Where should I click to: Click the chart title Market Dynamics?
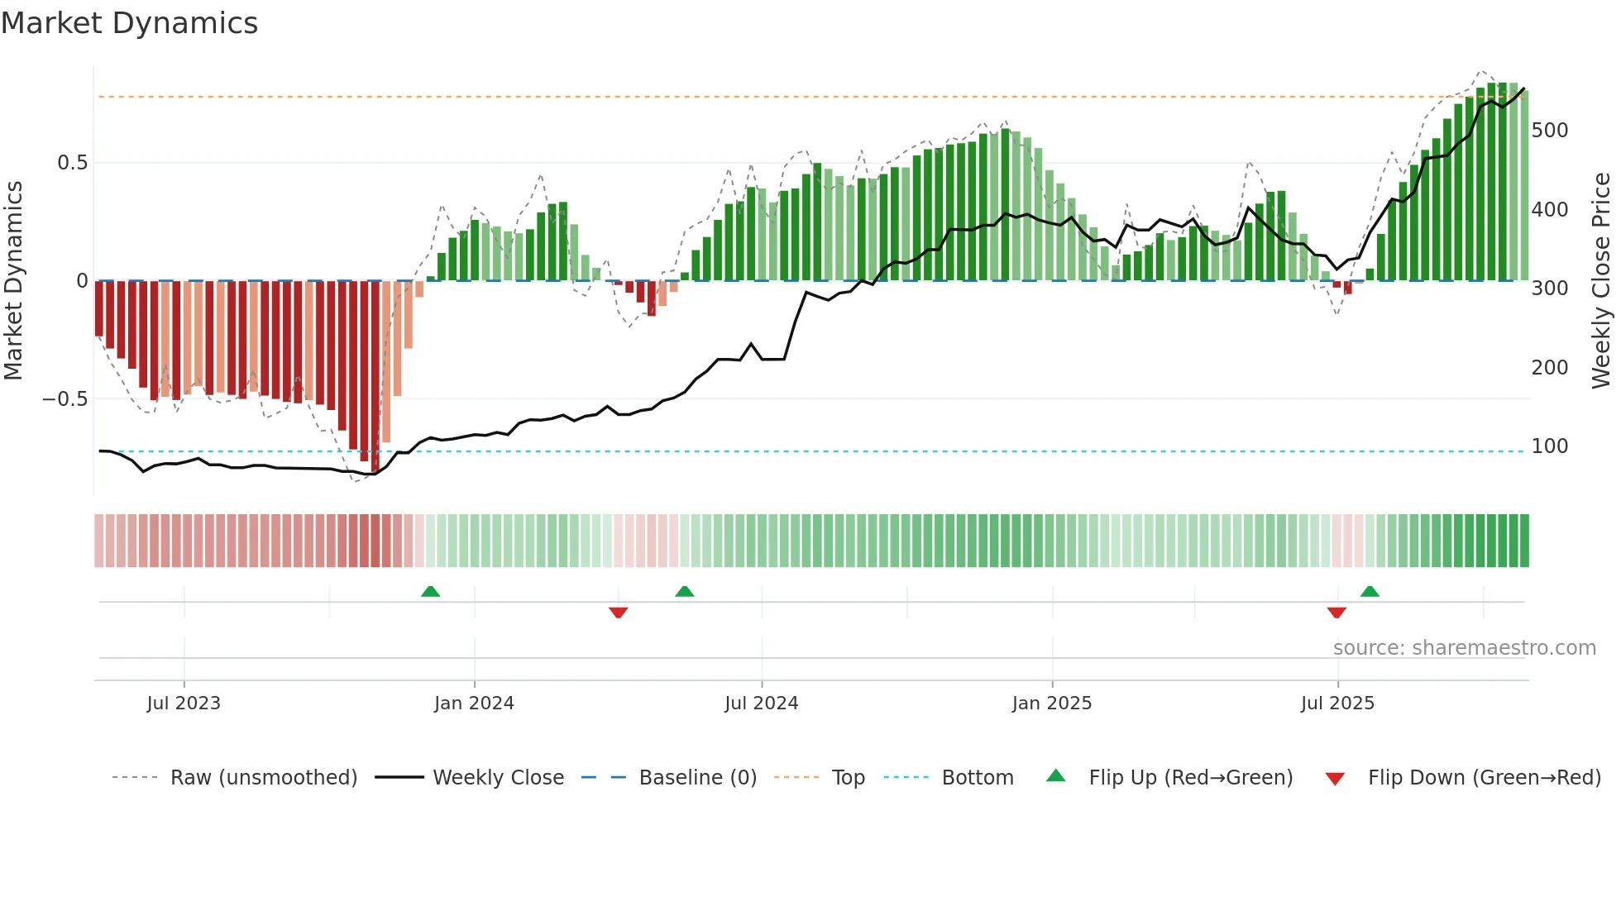pyautogui.click(x=130, y=23)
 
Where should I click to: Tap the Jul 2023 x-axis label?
pyautogui.click(x=184, y=704)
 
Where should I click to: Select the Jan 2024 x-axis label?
pyautogui.click(x=474, y=704)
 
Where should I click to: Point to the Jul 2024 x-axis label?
pyautogui.click(x=761, y=704)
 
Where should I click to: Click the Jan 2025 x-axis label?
pyautogui.click(x=1051, y=704)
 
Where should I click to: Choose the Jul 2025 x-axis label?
pyautogui.click(x=1337, y=704)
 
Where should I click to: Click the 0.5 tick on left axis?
pyautogui.click(x=73, y=163)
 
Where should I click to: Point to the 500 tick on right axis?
pyautogui.click(x=1550, y=131)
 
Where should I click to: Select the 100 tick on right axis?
pyautogui.click(x=1550, y=446)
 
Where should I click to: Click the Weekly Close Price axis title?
pyautogui.click(x=1602, y=281)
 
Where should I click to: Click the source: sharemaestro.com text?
pyautogui.click(x=1464, y=648)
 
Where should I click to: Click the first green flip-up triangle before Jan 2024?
pyautogui.click(x=430, y=591)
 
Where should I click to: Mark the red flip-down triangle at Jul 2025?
pyautogui.click(x=1336, y=613)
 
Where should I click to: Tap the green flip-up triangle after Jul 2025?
pyautogui.click(x=1370, y=591)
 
